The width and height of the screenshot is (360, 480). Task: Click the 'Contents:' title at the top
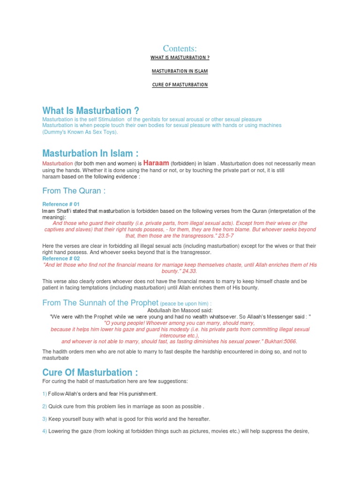pyautogui.click(x=180, y=48)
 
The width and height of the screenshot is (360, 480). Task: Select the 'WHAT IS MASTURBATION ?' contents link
pyautogui.click(x=180, y=58)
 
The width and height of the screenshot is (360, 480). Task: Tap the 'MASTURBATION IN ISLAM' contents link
pyautogui.click(x=180, y=71)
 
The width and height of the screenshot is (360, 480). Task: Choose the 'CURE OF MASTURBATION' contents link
pyautogui.click(x=180, y=85)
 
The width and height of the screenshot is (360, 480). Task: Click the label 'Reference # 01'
pyautogui.click(x=61, y=204)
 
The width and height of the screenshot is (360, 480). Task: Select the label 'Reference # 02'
pyautogui.click(x=61, y=258)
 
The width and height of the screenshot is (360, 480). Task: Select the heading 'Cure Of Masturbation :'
pyautogui.click(x=90, y=373)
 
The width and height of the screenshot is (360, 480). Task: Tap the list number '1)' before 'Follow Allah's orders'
pyautogui.click(x=45, y=394)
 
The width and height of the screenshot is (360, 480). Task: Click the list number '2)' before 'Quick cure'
pyautogui.click(x=45, y=406)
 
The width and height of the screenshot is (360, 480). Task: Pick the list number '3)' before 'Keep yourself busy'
pyautogui.click(x=45, y=418)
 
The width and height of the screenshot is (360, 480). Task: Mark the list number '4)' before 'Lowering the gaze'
pyautogui.click(x=45, y=431)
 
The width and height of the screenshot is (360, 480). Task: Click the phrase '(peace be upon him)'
pyautogui.click(x=184, y=304)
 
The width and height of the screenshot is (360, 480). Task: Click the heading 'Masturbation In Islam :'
pyautogui.click(x=90, y=153)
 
